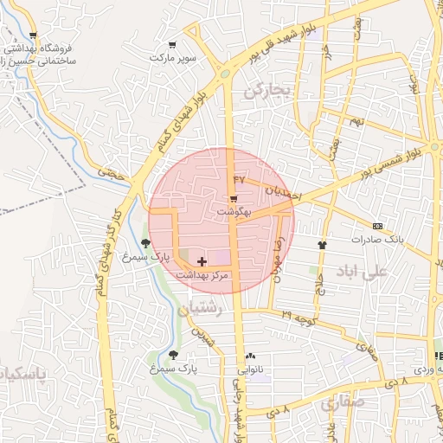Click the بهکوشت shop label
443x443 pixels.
[234, 211]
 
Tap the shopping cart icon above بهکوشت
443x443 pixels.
[234, 199]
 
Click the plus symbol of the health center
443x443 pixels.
[202, 261]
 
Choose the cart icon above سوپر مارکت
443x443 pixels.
[173, 45]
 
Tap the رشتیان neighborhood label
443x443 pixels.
[201, 308]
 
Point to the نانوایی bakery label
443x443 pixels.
[251, 369]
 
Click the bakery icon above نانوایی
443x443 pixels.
[251, 356]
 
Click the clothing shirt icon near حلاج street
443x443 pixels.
[323, 245]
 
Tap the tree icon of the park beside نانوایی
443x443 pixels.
[173, 355]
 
